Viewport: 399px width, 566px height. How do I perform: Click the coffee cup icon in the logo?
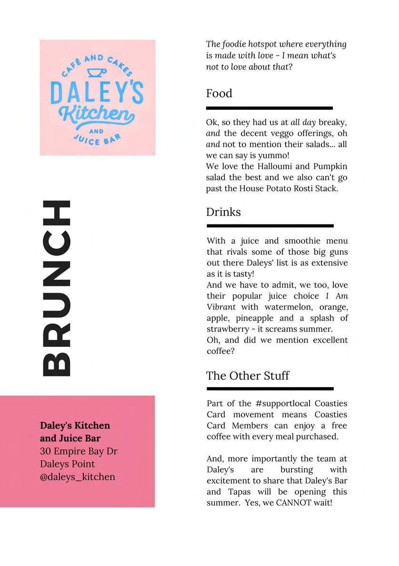coord(97,72)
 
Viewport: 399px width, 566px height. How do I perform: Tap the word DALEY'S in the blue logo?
coord(97,93)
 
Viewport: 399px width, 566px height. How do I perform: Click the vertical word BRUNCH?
coord(57,288)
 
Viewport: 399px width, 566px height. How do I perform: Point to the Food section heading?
coord(219,94)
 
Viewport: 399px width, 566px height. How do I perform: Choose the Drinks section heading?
coord(223,212)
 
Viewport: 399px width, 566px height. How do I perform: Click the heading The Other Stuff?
coord(248,376)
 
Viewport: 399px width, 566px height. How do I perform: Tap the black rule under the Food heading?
coord(269,108)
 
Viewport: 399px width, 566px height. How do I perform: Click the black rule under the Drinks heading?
coord(270,226)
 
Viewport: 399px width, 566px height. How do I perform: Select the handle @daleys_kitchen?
coord(78,477)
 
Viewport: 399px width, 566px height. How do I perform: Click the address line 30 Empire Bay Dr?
coord(79,451)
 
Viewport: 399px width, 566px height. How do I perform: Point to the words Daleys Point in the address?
coord(67,464)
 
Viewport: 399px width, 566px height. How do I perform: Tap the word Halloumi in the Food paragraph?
coord(261,166)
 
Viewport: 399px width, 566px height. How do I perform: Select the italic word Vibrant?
coord(221,307)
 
